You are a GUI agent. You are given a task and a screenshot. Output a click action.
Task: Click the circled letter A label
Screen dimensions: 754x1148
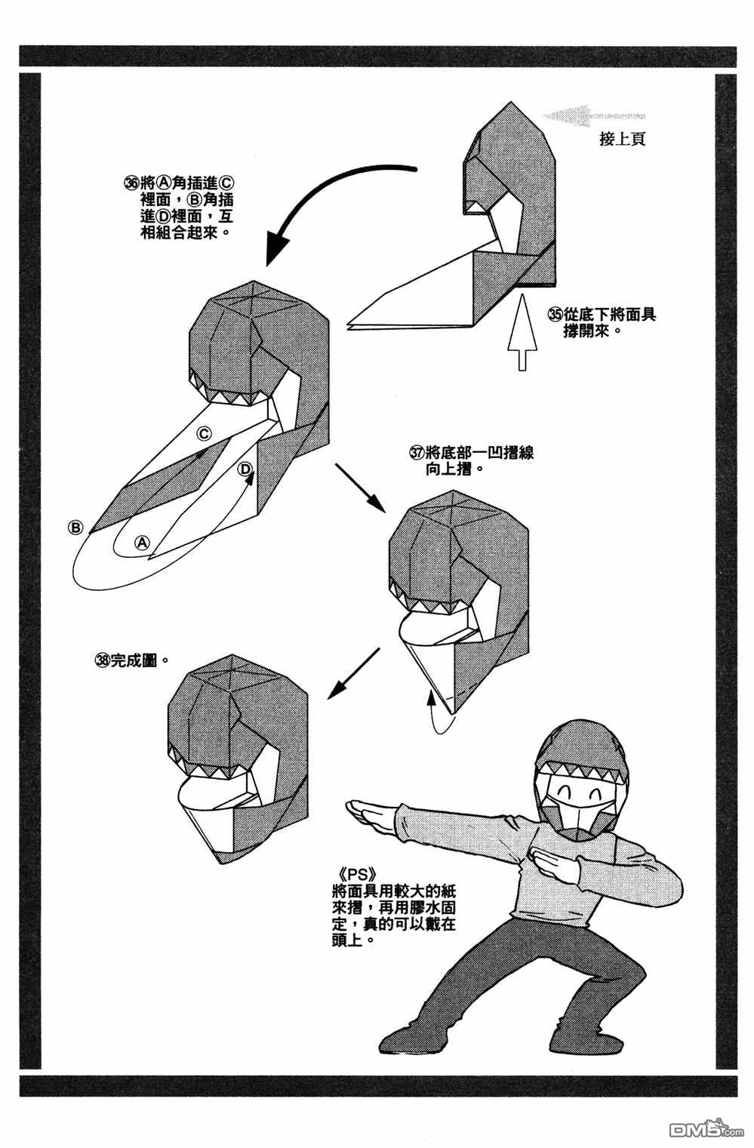tap(142, 543)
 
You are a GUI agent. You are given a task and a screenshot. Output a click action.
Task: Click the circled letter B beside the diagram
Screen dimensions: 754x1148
tap(75, 528)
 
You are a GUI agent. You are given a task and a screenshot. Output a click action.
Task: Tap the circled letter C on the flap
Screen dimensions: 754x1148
tap(204, 433)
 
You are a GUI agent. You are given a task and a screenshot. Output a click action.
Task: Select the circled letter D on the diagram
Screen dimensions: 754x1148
tap(246, 469)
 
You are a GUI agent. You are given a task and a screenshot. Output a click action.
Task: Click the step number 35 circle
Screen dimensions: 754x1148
tap(555, 314)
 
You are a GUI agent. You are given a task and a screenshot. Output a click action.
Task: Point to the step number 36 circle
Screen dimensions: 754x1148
tap(132, 183)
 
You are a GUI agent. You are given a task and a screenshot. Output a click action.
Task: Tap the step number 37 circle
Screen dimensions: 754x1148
tap(417, 453)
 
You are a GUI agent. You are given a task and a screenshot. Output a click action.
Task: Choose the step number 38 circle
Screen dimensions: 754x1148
tap(103, 660)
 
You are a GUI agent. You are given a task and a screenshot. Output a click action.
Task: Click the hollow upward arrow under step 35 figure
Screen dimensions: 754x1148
tap(522, 332)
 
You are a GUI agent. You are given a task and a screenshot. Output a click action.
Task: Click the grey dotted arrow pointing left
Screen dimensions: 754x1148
tap(593, 115)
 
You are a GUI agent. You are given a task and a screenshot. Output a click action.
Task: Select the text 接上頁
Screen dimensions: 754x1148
tap(622, 140)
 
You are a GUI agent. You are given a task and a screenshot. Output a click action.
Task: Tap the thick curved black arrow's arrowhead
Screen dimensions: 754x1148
tap(277, 247)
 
